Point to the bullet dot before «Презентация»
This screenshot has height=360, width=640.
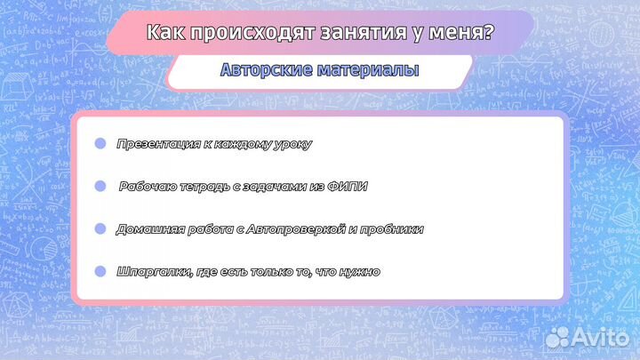coord(100,143)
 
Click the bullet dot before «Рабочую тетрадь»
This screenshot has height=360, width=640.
coord(100,186)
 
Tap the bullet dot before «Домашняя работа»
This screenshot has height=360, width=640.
coord(100,228)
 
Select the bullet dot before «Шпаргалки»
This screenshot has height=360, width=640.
coord(100,271)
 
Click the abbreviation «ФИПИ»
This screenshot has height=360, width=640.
coord(348,187)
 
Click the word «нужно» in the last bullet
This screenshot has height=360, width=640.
coord(359,272)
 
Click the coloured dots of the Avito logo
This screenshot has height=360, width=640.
coord(558,337)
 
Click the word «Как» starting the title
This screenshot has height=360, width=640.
coord(160,33)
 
